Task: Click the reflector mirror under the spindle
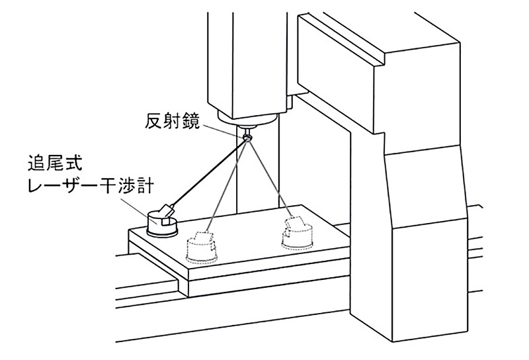pyautogui.click(x=247, y=136)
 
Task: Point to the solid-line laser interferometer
pyautogui.click(x=162, y=220)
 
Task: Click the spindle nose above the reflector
pyautogui.click(x=248, y=123)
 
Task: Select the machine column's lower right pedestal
pyautogui.click(x=430, y=278)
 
